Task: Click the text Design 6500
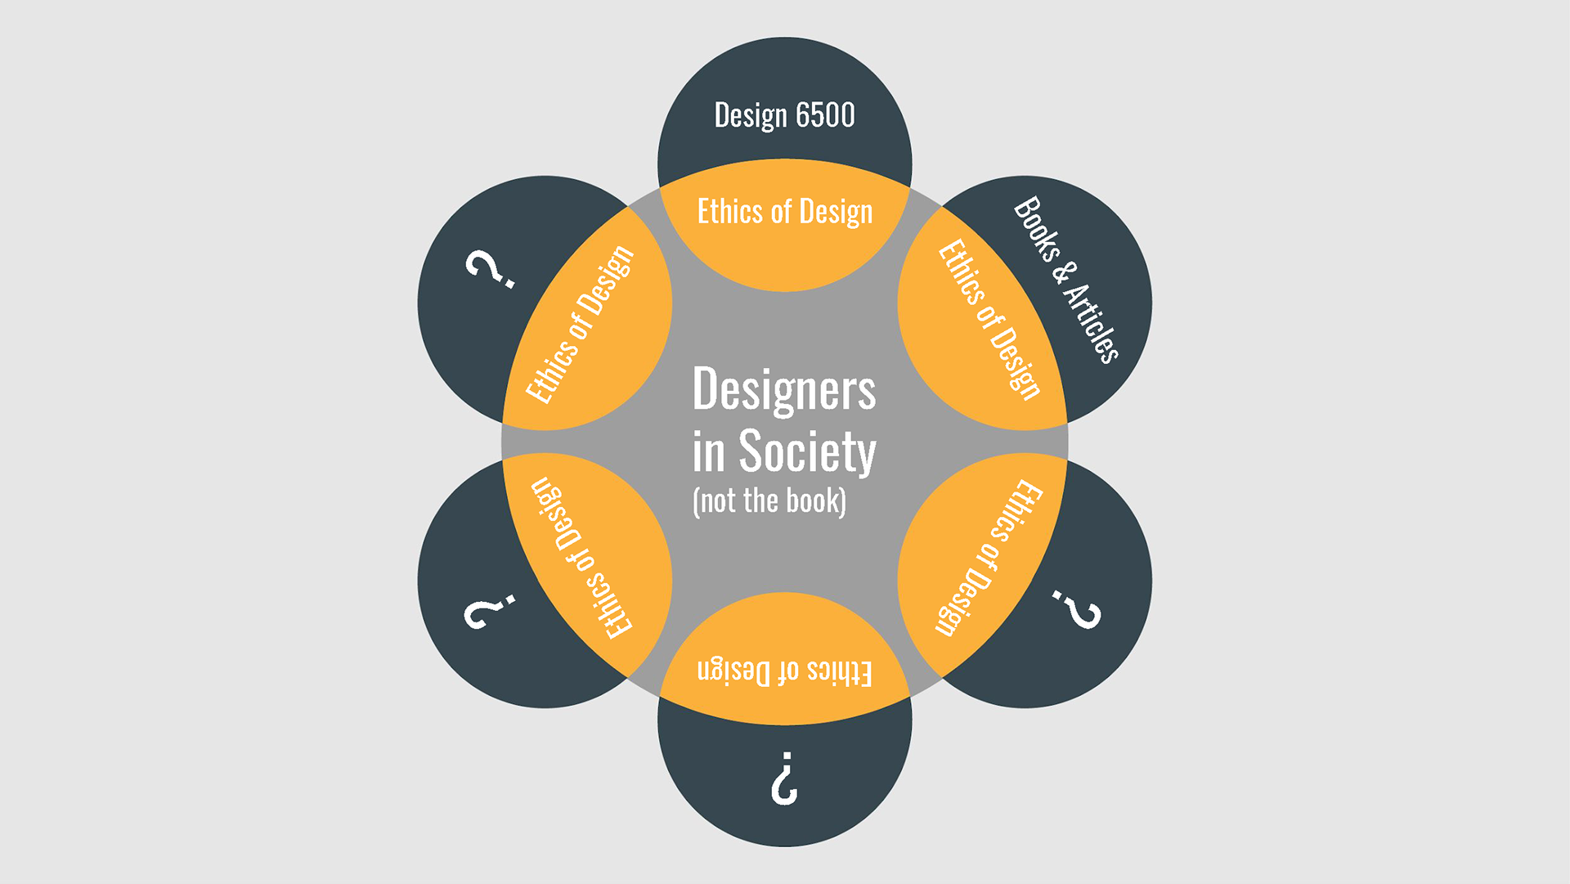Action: (x=784, y=115)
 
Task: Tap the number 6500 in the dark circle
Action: (x=825, y=115)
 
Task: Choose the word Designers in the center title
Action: (x=783, y=389)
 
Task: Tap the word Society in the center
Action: (x=807, y=451)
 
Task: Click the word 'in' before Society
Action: (x=708, y=451)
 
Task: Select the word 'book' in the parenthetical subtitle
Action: (x=814, y=500)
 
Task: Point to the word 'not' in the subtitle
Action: (x=717, y=500)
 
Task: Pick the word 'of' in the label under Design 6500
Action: (x=781, y=212)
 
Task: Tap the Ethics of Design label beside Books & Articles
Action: (x=989, y=319)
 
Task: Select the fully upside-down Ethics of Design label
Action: (x=784, y=671)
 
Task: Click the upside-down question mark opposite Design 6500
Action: (x=784, y=778)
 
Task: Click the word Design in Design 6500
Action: (x=750, y=115)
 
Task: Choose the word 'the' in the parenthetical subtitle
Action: (x=760, y=500)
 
